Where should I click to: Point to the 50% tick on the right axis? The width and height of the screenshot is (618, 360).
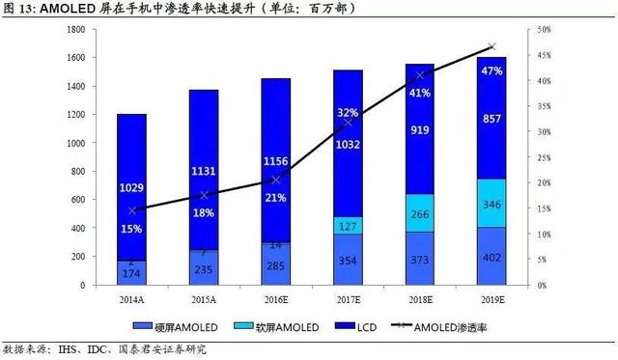[545, 30]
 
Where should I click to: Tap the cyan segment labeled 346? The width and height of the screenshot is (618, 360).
[492, 206]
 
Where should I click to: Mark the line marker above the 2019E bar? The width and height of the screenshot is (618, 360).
[492, 46]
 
